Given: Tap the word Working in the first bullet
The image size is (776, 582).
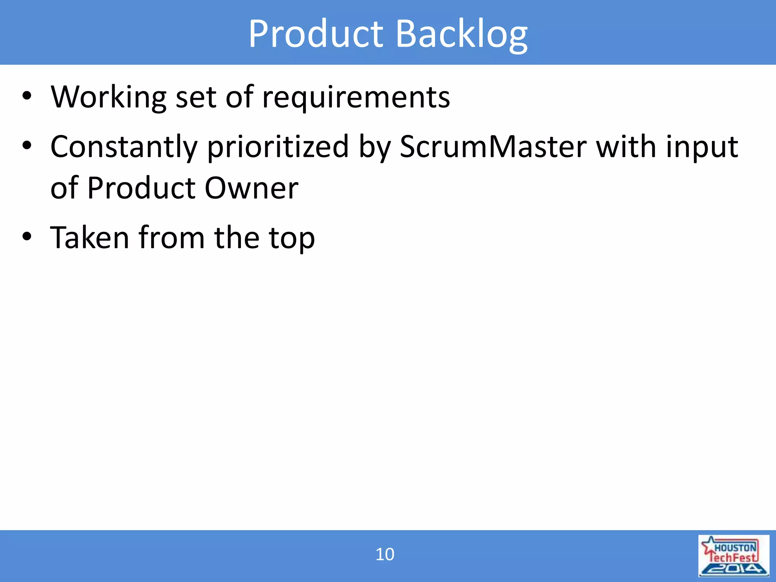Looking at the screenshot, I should coord(108,97).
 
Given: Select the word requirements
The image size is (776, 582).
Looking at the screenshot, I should coord(356,98).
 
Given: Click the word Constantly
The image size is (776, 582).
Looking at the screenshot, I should coord(124,147).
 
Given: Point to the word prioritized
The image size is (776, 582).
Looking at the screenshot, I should coord(278,147).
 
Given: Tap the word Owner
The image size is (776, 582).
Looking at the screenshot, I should coord(252,188).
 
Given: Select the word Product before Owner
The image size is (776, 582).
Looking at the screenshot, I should coord(141,188).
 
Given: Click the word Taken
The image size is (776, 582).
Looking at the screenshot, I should coord(90,238).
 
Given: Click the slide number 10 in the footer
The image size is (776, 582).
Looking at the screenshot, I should coord(385,554).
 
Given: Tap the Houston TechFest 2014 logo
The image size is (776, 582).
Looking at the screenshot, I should coord(734,555).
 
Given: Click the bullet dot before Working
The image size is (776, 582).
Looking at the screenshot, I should coord(27,96).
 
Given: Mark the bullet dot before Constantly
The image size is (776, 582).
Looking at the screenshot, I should coord(27,146).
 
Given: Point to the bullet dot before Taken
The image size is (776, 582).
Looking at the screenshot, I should coord(27,237).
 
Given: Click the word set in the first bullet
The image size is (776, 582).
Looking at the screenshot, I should coord(196,98).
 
